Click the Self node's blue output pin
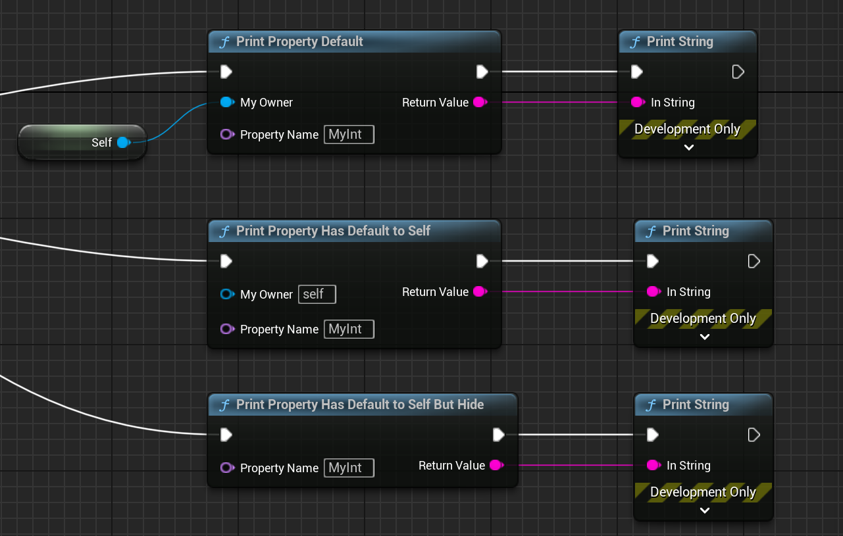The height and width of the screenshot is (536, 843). (122, 142)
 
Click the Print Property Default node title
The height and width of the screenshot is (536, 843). (299, 41)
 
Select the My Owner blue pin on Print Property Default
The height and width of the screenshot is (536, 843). (226, 102)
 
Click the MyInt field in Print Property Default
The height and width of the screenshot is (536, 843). (349, 135)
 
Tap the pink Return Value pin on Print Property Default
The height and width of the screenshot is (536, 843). (480, 102)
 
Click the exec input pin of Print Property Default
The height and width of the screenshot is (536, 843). (226, 71)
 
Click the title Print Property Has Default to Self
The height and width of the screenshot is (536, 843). (333, 231)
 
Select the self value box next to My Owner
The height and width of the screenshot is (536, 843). (317, 294)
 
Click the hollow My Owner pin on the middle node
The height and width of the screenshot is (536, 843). (226, 294)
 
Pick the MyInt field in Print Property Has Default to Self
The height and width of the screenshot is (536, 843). (349, 329)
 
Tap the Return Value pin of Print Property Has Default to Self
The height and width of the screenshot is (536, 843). (480, 291)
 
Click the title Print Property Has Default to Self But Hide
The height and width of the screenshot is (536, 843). (359, 404)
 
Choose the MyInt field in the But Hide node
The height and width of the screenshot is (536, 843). (349, 468)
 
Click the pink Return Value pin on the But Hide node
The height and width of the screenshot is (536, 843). (496, 465)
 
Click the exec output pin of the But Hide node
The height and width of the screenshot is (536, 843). (499, 435)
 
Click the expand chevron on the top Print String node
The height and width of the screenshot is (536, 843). (688, 147)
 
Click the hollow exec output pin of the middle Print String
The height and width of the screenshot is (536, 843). (754, 261)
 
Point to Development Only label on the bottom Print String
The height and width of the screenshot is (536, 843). (703, 492)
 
